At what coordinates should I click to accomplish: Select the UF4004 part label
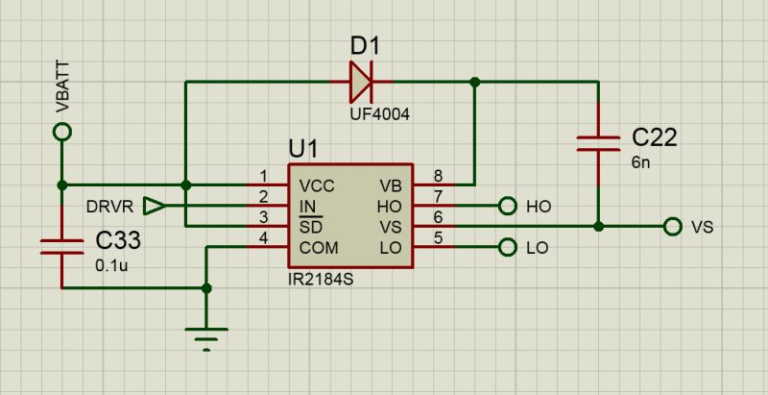(379, 114)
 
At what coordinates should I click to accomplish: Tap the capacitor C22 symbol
(598, 143)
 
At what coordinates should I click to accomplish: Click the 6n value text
(640, 162)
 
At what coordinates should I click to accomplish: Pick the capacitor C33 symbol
(62, 246)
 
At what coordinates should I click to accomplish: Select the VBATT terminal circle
(62, 135)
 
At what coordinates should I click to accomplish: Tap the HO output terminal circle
(508, 206)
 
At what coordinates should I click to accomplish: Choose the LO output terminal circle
(508, 248)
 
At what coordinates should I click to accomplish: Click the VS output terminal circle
(672, 227)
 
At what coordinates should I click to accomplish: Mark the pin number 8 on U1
(438, 176)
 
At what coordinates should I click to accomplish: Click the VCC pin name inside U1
(317, 185)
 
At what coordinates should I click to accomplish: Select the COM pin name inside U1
(319, 248)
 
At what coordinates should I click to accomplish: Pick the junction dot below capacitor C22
(598, 227)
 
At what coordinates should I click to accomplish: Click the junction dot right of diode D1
(473, 83)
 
